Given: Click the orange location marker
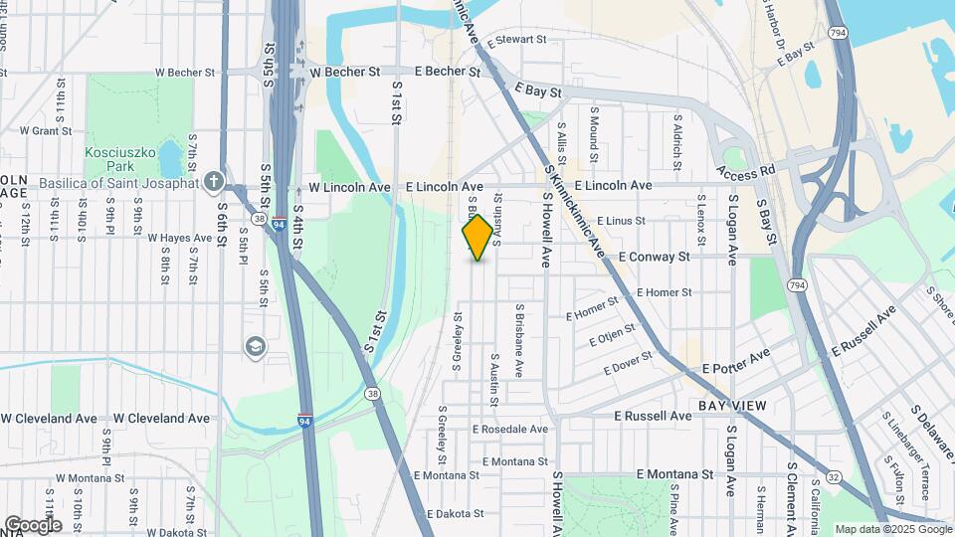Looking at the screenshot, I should point(477,237).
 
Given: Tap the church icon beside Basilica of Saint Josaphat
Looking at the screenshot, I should point(213,181).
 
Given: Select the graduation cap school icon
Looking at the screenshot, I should point(256,345).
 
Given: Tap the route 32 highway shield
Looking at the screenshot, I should point(833,477).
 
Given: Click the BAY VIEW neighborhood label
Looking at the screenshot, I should point(731,406).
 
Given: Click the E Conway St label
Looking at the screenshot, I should point(654,256).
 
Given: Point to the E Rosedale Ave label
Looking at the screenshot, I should point(510,429).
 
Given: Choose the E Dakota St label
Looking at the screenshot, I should point(455,514).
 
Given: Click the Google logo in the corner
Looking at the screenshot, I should point(33,524).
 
